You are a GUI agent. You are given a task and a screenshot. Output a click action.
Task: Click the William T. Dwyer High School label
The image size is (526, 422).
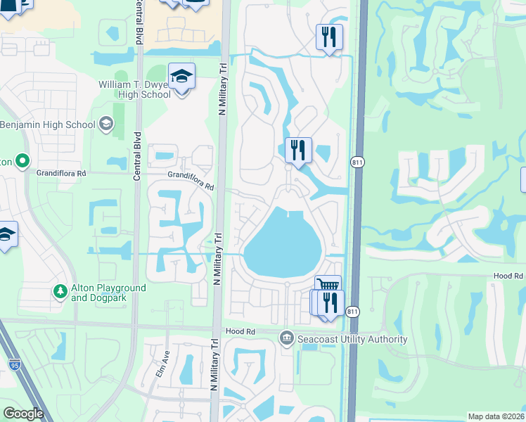[x=134, y=89]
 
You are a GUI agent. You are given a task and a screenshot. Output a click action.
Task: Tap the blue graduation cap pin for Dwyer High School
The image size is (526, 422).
[x=181, y=76]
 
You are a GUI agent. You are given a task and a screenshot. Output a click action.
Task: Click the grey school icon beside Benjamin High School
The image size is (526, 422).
[x=105, y=124]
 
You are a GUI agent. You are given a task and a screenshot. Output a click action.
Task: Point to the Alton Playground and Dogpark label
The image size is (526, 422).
[x=108, y=293]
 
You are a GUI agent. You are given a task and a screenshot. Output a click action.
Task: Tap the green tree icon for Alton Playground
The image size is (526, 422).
[x=60, y=290]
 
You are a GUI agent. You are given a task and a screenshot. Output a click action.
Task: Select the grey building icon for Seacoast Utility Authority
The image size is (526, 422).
[x=286, y=339]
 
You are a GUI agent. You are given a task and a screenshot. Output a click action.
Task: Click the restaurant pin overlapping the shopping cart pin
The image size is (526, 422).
[x=329, y=303]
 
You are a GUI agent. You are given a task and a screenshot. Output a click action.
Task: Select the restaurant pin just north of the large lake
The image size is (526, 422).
[x=298, y=151]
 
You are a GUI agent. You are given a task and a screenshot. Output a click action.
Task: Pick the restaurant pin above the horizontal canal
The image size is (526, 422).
[x=329, y=37]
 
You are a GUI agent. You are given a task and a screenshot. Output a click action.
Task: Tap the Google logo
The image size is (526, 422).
[x=23, y=414]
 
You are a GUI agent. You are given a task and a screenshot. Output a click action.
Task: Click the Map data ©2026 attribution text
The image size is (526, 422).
[x=495, y=416]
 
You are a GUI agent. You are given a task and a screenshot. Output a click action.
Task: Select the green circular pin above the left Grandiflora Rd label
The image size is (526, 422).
[x=23, y=161]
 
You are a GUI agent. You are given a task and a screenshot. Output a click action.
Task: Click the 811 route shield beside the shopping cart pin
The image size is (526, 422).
[x=353, y=311]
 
